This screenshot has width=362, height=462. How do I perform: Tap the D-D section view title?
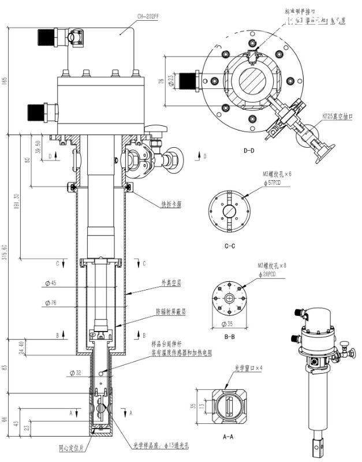(249, 151)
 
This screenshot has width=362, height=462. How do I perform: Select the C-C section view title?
(230, 246)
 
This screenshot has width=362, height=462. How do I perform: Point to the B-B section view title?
(229, 336)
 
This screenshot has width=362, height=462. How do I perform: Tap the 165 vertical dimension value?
(6, 80)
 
